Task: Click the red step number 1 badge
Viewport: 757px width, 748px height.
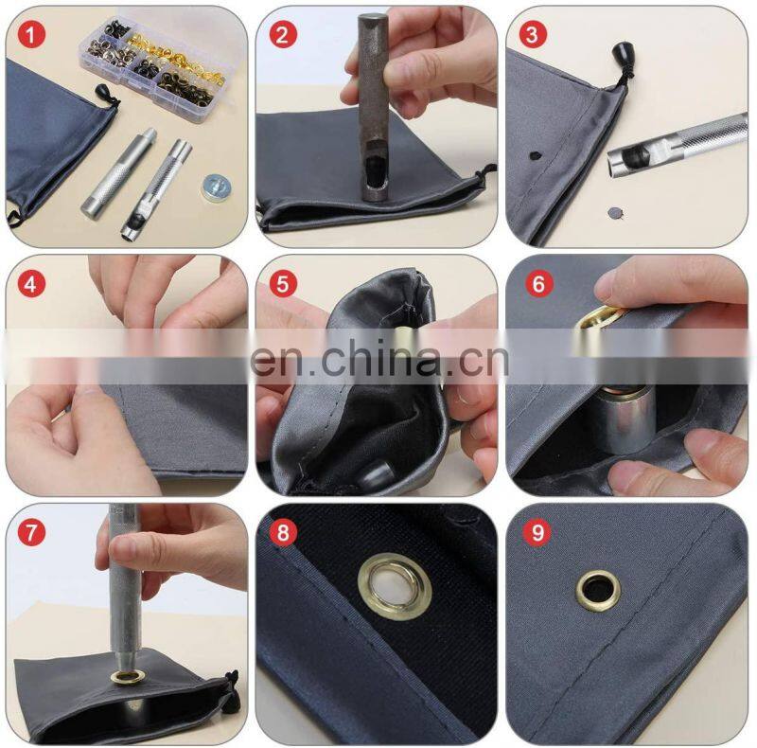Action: (31, 35)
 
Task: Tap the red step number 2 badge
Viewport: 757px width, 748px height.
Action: (282, 35)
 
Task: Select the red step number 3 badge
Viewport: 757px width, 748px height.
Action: (533, 35)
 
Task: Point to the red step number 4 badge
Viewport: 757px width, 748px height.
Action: (31, 284)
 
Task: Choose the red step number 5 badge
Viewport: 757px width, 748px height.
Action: (282, 284)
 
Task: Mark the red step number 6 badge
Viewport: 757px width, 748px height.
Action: (538, 284)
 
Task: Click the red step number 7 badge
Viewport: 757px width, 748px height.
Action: (31, 533)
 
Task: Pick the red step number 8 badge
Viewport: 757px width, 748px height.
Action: (282, 533)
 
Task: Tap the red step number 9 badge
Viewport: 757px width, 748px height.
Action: (537, 533)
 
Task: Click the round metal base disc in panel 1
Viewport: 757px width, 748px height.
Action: (216, 187)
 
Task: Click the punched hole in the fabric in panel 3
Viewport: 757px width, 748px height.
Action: (535, 155)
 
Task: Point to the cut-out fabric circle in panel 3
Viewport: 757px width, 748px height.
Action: (614, 212)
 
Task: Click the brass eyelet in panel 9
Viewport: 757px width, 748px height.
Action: (598, 591)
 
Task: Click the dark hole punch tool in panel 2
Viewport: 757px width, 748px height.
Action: (372, 109)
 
